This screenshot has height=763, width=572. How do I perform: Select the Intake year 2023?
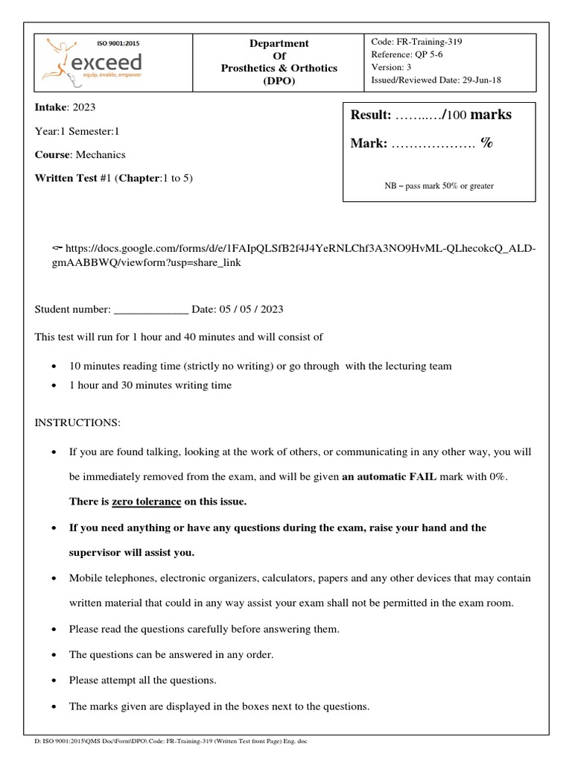[85, 107]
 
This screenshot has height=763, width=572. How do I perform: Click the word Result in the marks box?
[370, 115]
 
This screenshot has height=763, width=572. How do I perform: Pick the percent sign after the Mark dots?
[486, 144]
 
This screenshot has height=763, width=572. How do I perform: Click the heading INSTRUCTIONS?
[77, 422]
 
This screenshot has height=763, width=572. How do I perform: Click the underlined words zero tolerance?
[146, 501]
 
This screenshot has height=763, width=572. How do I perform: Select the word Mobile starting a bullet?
[87, 578]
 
